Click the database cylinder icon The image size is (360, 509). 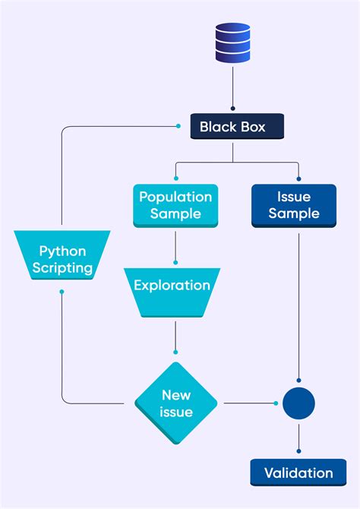(232, 43)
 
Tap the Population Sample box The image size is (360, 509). (175, 205)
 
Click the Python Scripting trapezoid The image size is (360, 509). (62, 259)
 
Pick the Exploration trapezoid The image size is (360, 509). (172, 292)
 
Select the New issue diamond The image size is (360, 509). (176, 403)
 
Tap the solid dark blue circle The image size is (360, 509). (298, 403)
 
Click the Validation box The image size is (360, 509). (298, 473)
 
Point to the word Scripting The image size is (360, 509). (62, 267)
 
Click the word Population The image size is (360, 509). (175, 197)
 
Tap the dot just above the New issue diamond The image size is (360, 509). (176, 353)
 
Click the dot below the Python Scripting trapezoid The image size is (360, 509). (62, 291)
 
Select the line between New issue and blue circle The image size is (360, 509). (247, 403)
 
